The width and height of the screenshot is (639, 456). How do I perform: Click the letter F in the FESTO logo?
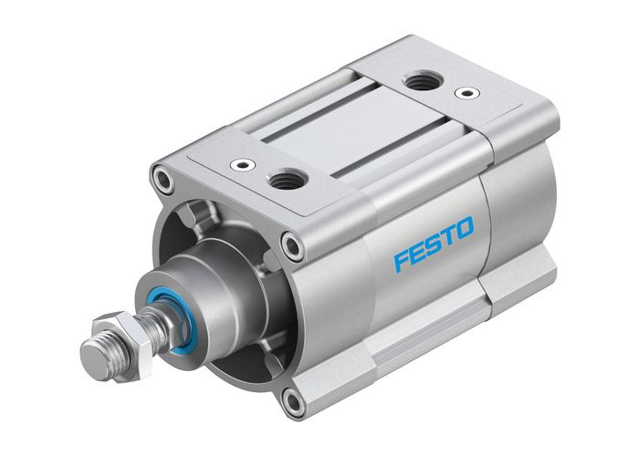[403, 261]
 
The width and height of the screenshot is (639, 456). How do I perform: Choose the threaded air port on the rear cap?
[422, 83]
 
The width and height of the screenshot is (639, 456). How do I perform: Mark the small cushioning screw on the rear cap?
[466, 93]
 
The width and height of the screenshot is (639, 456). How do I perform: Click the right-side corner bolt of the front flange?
[291, 244]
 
